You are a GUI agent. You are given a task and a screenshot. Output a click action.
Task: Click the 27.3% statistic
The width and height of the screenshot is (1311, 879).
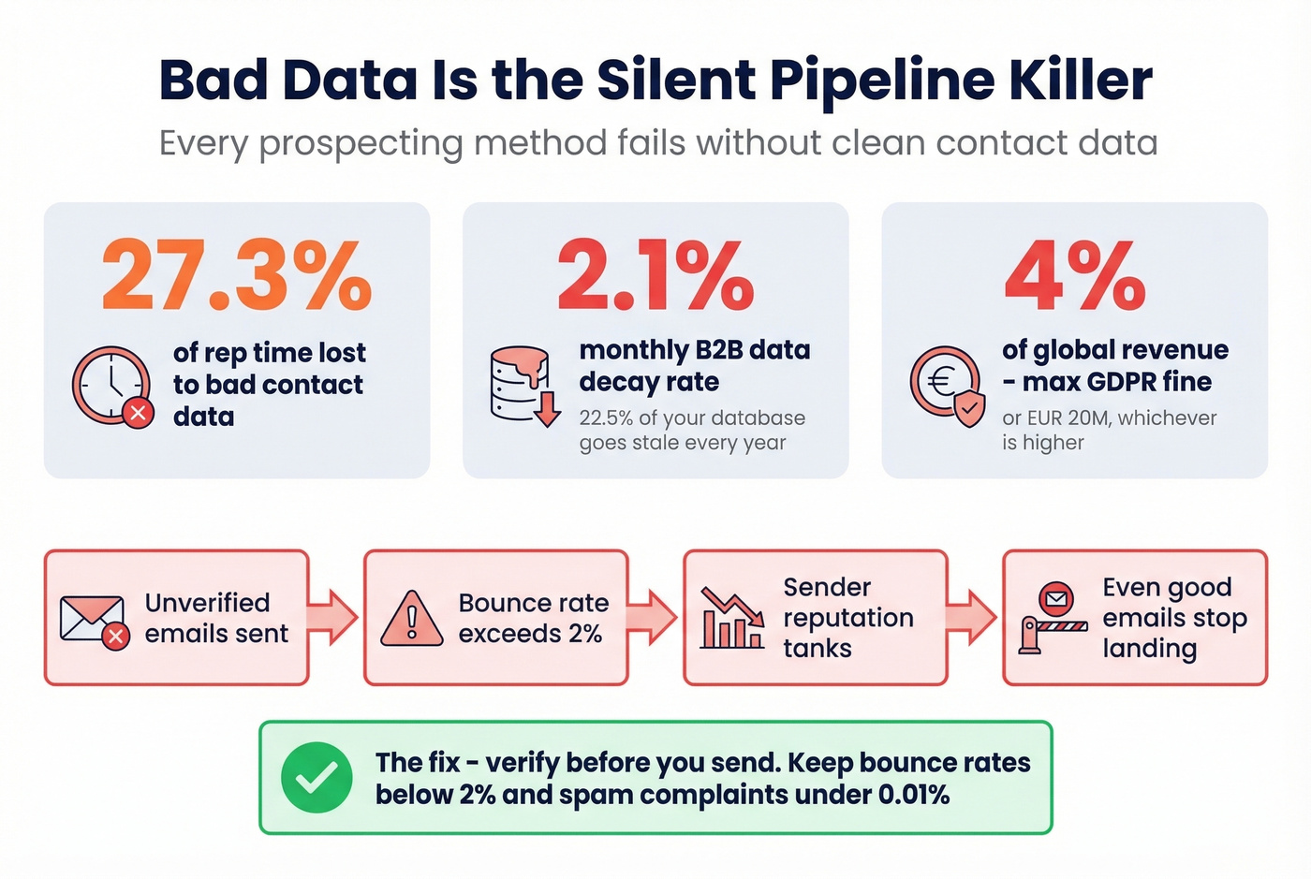point(236,275)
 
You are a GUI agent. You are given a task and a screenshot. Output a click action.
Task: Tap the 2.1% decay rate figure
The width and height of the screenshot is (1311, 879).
point(655,275)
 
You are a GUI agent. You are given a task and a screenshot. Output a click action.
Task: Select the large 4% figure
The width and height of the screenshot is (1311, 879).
point(1075,275)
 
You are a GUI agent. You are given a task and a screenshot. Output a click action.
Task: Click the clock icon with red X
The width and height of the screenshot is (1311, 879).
point(112,387)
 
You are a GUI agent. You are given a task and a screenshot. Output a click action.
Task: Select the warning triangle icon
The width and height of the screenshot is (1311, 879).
point(411,619)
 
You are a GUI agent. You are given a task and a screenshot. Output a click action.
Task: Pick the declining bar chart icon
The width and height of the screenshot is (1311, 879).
point(732,619)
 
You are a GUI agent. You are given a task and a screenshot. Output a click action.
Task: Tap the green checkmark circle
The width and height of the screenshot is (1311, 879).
point(317,777)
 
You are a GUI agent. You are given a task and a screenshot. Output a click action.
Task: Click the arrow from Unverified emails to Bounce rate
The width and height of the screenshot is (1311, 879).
point(334,617)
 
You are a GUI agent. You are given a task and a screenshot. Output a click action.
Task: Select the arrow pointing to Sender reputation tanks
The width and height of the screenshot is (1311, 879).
point(654,617)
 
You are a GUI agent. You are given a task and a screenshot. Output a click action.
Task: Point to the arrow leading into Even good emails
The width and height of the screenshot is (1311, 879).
point(973,617)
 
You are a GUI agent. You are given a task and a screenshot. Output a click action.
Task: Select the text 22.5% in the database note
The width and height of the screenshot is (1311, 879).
point(606,418)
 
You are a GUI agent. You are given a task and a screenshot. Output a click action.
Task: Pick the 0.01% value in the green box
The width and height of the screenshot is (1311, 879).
point(913,795)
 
